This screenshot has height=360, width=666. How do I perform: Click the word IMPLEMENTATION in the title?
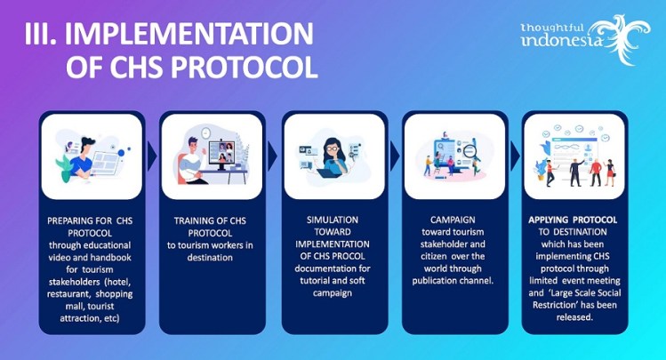click(200, 34)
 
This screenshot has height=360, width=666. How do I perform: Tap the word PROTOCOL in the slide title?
click(236, 68)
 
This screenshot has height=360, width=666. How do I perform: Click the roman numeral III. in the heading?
click(44, 34)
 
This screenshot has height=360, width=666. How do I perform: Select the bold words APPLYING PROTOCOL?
click(574, 220)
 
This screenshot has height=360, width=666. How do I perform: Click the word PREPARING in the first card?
click(69, 220)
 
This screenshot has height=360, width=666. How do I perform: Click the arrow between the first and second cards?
click(148, 156)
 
